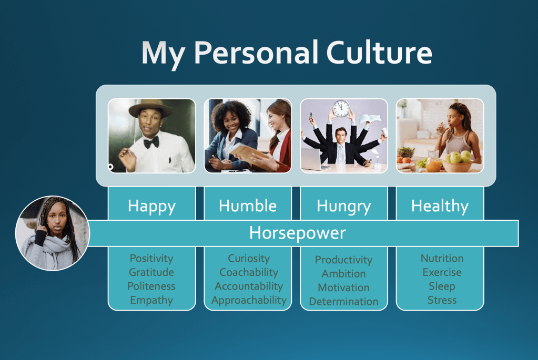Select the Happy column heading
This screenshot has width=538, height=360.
tap(151, 205)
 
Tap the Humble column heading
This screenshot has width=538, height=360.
tap(248, 205)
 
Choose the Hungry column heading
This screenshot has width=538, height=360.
tap(343, 206)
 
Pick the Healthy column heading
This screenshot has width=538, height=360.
tap(440, 205)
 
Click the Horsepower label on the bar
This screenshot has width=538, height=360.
tap(297, 233)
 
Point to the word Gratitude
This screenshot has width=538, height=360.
tap(151, 272)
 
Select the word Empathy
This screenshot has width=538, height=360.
tap(151, 300)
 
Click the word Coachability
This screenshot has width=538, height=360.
tap(249, 272)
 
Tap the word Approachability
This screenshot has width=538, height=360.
tap(249, 300)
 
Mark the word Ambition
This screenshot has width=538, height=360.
tap(343, 274)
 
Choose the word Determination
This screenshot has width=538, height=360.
tap(343, 302)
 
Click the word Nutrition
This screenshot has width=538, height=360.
tap(442, 259)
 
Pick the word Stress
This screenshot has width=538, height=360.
tap(442, 300)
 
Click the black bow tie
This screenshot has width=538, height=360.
tap(151, 141)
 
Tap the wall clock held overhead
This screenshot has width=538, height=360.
tap(341, 109)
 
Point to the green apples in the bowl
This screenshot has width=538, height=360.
tap(459, 157)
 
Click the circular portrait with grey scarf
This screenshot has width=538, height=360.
tap(53, 233)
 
